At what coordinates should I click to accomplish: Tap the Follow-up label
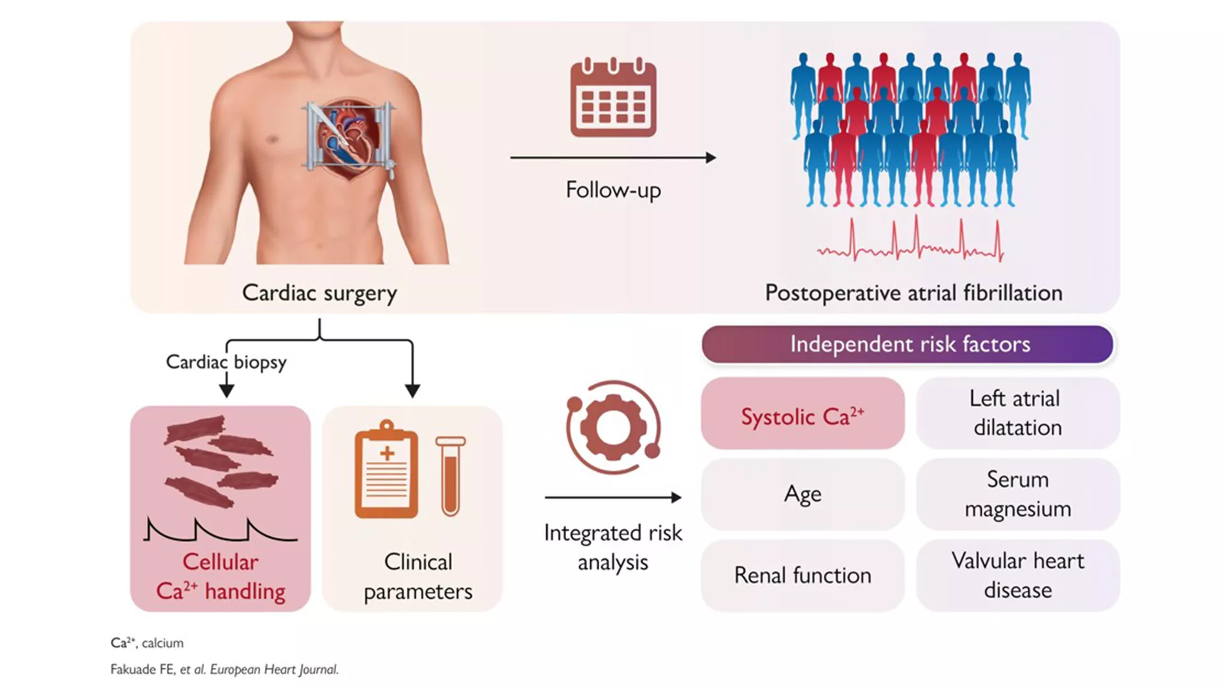click(x=613, y=190)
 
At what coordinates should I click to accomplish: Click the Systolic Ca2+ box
click(x=803, y=414)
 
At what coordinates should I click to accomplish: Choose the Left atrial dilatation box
click(x=1017, y=413)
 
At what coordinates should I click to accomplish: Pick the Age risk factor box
click(x=803, y=494)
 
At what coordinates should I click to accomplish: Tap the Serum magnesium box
click(x=1017, y=494)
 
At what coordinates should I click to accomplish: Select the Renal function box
click(x=803, y=575)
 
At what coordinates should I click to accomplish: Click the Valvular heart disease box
click(x=1017, y=575)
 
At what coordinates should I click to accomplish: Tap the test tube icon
click(x=451, y=475)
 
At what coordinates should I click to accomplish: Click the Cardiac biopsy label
click(x=226, y=362)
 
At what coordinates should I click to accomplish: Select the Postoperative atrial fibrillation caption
click(x=913, y=293)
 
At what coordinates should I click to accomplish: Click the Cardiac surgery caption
click(x=319, y=293)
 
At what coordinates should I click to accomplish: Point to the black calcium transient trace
click(x=220, y=531)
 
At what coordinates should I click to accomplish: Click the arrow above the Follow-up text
click(x=613, y=157)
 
